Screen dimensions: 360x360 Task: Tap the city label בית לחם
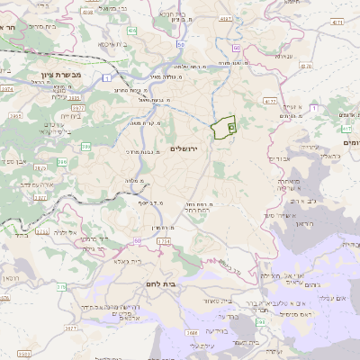(158, 284)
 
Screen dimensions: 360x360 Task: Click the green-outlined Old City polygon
(222, 128)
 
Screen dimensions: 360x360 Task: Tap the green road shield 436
(131, 31)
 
